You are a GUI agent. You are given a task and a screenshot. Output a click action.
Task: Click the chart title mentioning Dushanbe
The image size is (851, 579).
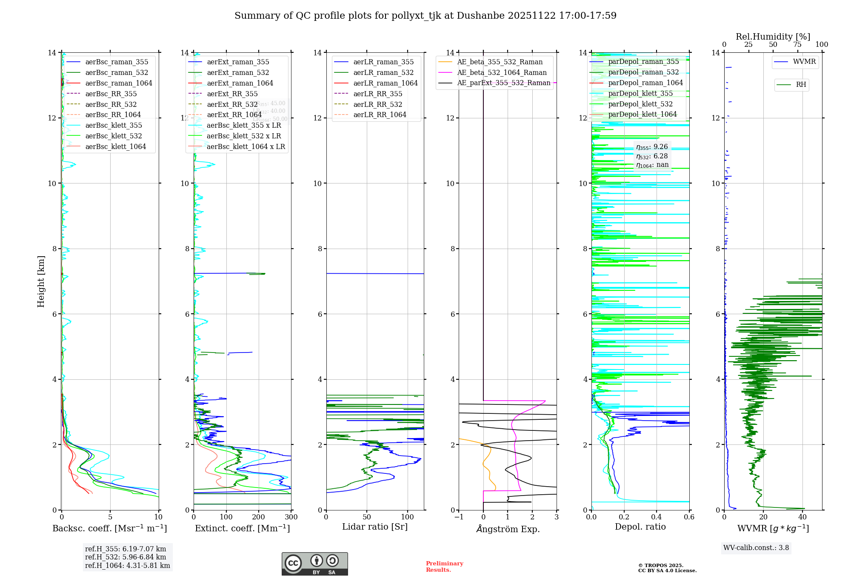click(x=425, y=16)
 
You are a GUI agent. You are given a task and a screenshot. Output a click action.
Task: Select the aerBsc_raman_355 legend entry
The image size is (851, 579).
click(x=117, y=62)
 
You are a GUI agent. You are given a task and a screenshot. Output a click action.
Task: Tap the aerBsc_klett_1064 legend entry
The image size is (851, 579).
click(x=115, y=146)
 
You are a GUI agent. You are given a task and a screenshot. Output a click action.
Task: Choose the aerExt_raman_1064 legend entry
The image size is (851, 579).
click(x=240, y=83)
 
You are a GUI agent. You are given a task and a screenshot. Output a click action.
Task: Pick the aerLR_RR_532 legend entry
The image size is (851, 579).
click(x=377, y=104)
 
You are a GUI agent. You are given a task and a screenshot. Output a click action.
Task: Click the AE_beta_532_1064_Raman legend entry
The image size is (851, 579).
click(x=502, y=72)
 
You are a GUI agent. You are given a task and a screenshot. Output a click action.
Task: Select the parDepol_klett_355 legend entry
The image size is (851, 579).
click(x=640, y=93)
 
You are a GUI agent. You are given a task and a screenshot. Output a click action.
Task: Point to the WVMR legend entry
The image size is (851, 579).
click(x=804, y=62)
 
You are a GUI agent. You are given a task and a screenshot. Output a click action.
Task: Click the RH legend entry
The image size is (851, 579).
click(x=801, y=85)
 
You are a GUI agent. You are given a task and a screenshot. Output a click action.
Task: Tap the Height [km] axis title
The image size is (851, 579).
click(x=41, y=281)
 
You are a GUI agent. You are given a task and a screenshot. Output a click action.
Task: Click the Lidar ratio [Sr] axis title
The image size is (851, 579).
click(x=375, y=527)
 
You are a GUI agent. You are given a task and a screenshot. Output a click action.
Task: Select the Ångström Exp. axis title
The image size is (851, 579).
click(x=508, y=529)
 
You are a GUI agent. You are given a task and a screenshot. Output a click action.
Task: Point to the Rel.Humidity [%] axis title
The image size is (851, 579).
click(x=773, y=37)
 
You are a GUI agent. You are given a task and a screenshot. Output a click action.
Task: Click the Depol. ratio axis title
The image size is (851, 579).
click(x=640, y=527)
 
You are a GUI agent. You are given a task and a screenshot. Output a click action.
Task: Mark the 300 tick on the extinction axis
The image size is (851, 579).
click(x=291, y=517)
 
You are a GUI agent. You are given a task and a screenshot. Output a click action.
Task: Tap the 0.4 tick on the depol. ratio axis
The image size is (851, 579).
click(x=657, y=517)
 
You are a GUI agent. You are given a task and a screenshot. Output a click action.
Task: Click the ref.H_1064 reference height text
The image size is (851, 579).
click(x=127, y=566)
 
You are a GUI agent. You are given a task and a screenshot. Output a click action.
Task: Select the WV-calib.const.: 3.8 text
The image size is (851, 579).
click(x=756, y=548)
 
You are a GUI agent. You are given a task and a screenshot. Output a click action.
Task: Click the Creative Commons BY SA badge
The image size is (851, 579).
click(x=314, y=564)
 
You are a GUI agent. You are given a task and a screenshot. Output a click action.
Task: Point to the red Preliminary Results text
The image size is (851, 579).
click(x=444, y=567)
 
